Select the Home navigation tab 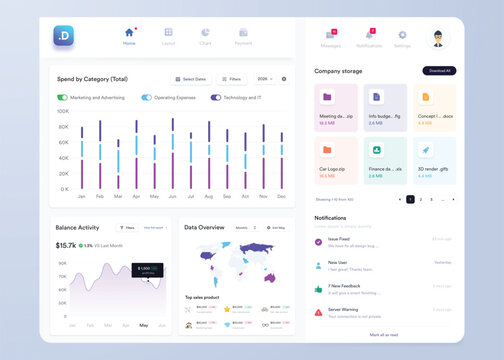[x=129, y=37]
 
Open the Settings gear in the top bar [x=402, y=38]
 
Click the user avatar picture [x=439, y=39]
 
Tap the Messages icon [x=331, y=37]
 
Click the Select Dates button [x=189, y=78]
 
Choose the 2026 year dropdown [x=265, y=78]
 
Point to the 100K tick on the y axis [x=63, y=112]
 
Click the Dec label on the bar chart [x=281, y=196]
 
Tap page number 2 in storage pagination [x=420, y=200]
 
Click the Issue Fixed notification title [x=339, y=239]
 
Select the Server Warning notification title [x=343, y=309]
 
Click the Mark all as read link [x=384, y=334]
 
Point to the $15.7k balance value [x=66, y=245]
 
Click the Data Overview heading [x=205, y=227]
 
